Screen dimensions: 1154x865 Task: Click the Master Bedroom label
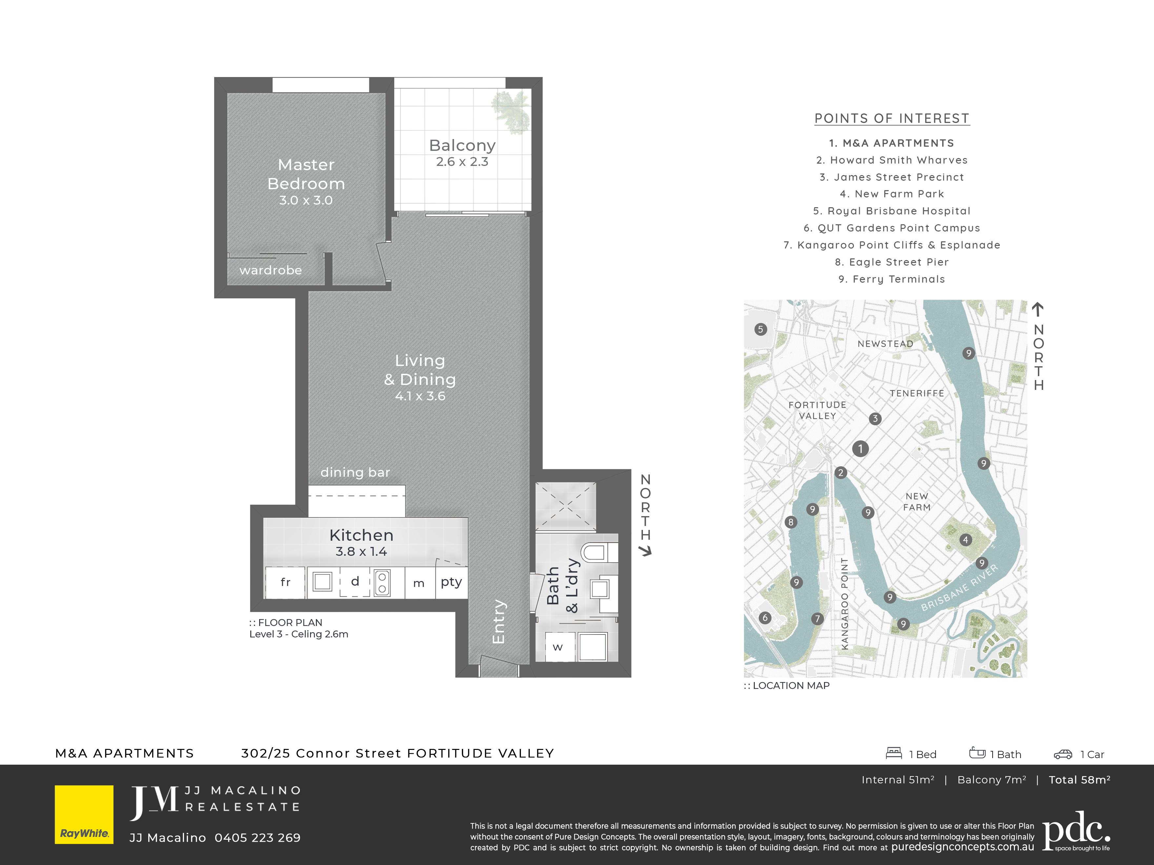[x=306, y=174]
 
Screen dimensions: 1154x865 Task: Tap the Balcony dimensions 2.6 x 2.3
[x=462, y=162]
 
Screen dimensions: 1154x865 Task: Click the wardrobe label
[x=271, y=270]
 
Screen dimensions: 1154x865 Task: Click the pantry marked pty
[x=451, y=582]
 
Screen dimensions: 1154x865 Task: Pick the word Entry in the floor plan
[x=499, y=621]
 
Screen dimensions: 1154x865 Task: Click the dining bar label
[x=355, y=473]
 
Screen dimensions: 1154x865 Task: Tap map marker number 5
[x=761, y=329]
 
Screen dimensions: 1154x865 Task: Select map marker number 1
[x=860, y=448]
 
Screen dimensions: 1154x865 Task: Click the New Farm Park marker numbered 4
[x=966, y=540]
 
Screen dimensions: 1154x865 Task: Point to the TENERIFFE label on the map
[x=917, y=393]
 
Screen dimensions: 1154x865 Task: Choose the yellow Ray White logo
[x=84, y=815]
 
